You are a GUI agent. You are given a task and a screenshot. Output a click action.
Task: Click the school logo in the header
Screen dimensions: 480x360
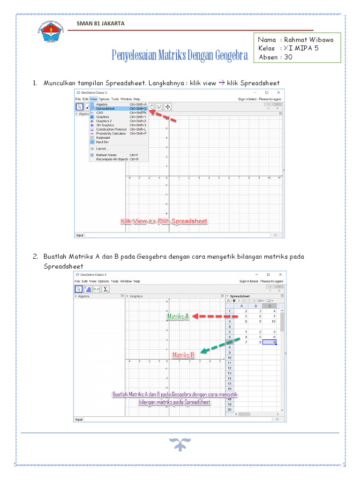coord(47,32)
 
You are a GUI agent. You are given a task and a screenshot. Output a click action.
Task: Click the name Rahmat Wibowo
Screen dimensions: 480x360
coord(308,40)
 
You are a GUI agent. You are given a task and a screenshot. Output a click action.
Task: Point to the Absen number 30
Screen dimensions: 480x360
coord(288,57)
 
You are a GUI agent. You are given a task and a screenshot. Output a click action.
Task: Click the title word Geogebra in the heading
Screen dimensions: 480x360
coord(231,56)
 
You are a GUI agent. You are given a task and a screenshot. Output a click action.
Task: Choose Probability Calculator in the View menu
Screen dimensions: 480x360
coord(111,134)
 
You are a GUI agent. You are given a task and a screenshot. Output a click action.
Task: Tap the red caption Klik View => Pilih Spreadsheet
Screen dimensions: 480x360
coord(164,221)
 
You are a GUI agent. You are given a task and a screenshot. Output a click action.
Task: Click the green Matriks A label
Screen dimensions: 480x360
coord(178,317)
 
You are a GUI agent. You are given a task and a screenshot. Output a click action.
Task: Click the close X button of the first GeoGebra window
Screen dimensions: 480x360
coord(278,92)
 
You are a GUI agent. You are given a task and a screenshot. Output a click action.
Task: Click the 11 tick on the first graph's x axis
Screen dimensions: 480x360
coord(279,179)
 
